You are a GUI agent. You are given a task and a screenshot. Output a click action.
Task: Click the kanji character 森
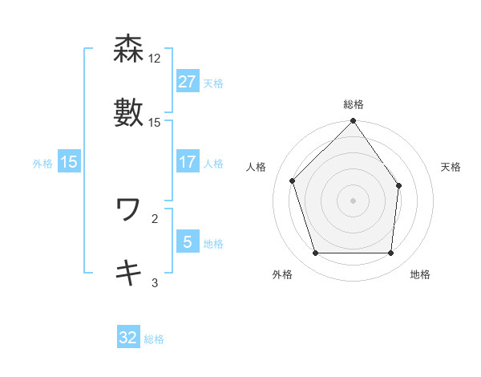point(129,50)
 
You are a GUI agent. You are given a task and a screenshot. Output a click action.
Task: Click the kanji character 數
point(129,113)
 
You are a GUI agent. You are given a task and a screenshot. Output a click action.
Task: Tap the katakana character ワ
point(128,210)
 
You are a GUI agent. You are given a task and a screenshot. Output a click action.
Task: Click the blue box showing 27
point(187,82)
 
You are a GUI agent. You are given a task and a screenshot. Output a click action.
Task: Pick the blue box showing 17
point(187,162)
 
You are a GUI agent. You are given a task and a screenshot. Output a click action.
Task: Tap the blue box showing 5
point(187,241)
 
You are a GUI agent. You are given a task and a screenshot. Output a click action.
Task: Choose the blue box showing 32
point(128,338)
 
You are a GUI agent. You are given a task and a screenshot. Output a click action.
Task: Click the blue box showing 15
point(69,162)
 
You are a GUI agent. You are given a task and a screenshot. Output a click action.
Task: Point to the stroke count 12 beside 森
point(155,59)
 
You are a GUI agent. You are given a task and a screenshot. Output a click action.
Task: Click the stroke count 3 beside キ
point(155,282)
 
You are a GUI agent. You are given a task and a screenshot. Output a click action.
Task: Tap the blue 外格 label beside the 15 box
point(42,163)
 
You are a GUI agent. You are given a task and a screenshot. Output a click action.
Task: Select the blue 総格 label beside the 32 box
point(154,339)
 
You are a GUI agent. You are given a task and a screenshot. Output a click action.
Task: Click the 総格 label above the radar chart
point(354,104)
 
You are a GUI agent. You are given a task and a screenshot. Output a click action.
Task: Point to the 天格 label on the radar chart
point(451,167)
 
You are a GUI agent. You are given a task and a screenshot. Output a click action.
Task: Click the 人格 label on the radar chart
point(257,167)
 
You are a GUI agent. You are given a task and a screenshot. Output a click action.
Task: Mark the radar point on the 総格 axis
point(354,122)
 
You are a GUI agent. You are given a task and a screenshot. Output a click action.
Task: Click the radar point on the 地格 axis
point(391,253)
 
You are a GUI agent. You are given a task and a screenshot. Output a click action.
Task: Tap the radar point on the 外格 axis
point(316,253)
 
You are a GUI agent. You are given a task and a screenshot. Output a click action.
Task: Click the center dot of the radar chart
point(354,201)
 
